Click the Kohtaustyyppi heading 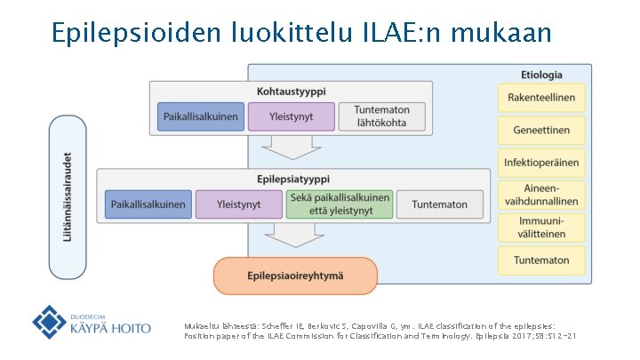290,91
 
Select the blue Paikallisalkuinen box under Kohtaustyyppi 200,116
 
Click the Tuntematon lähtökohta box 381,116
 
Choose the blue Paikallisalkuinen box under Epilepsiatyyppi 148,204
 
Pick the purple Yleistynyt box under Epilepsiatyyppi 239,204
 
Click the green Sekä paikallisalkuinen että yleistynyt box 340,204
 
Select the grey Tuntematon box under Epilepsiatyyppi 439,204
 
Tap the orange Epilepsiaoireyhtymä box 296,276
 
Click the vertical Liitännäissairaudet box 68,196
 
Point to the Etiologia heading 541,75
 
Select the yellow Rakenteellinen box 541,98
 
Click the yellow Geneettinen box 541,130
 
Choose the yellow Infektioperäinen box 541,163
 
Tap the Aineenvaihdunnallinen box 541,196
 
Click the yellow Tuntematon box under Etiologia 541,260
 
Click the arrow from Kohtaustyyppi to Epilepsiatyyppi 290,147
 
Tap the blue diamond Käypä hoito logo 50,322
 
